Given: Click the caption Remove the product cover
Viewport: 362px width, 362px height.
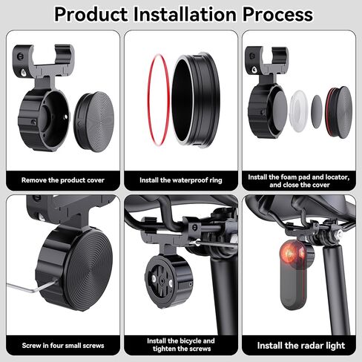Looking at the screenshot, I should pos(63,180).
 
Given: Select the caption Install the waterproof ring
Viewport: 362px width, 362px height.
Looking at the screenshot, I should pos(180,180).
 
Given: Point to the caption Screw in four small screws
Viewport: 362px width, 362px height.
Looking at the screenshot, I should pos(63,345).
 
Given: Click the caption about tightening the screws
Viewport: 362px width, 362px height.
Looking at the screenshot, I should pos(180,345).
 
